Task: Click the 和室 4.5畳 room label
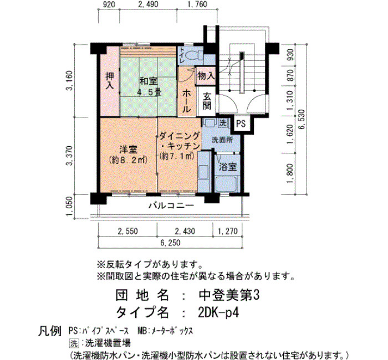[149, 86]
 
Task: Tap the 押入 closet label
[110, 81]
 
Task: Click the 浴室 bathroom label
[228, 167]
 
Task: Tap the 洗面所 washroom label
[222, 140]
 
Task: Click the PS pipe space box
[241, 124]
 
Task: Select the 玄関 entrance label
[207, 101]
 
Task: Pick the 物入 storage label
[206, 76]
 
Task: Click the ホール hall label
[187, 101]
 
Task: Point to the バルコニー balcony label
[171, 205]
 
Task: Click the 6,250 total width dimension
[170, 243]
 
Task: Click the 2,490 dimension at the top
[148, 4]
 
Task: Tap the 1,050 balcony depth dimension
[70, 205]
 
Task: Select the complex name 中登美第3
[229, 295]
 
